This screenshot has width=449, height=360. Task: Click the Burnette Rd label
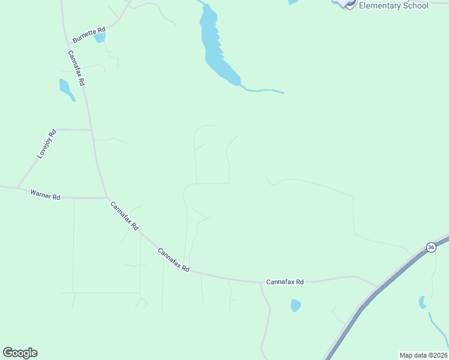[89, 34]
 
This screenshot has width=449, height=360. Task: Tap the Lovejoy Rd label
[46, 144]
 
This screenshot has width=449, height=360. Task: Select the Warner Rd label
[46, 196]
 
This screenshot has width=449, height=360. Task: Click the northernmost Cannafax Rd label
[76, 67]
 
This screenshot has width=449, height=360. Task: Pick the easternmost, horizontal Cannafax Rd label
[285, 281]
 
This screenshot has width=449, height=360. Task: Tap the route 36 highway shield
[431, 247]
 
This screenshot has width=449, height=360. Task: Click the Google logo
[20, 353]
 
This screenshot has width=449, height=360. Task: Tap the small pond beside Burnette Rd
[100, 37]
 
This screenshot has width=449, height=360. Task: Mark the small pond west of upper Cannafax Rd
[65, 89]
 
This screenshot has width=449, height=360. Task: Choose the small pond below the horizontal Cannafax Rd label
[295, 305]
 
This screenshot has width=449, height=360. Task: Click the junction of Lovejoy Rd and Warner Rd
[18, 187]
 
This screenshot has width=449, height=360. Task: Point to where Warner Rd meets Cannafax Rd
[106, 197]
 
